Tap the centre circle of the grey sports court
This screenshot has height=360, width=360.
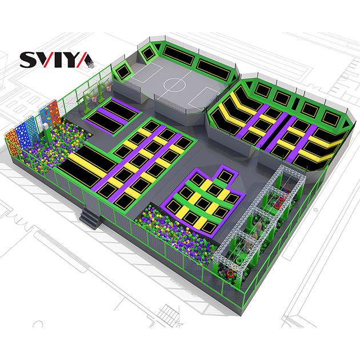point(175,85)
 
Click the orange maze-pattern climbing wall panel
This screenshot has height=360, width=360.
point(12,143)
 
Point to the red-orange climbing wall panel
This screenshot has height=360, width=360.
point(54,114)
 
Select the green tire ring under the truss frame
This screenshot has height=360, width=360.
point(238,261)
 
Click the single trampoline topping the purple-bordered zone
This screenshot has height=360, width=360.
point(225,177)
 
